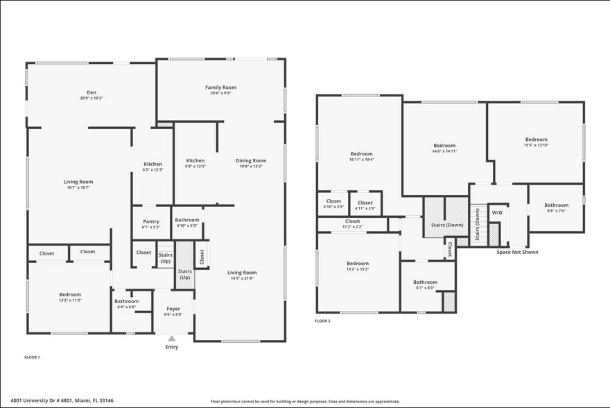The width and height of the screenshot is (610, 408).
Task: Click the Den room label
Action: click(x=91, y=92)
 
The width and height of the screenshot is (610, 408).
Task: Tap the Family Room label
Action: click(x=220, y=87)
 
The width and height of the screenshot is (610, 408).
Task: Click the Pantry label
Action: click(x=150, y=221)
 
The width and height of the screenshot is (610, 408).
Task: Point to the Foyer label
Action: click(x=172, y=309)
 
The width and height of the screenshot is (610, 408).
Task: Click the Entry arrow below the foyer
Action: click(x=172, y=338)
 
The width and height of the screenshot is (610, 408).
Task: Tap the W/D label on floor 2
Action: click(x=497, y=212)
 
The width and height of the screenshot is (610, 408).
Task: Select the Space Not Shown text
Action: click(x=517, y=252)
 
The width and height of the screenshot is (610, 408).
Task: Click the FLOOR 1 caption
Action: click(x=32, y=357)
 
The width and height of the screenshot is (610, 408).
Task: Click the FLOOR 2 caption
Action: click(x=322, y=321)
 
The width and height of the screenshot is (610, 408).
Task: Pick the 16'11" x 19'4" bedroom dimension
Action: click(x=361, y=160)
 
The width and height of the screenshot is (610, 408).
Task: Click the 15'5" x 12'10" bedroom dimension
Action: click(x=536, y=145)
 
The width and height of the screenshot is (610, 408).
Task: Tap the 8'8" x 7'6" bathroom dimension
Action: click(x=556, y=211)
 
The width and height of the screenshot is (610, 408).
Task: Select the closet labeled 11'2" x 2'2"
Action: click(x=352, y=227)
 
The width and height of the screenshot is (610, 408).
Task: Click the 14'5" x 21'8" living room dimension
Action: click(x=242, y=278)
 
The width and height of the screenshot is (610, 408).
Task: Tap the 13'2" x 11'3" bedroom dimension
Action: click(x=70, y=300)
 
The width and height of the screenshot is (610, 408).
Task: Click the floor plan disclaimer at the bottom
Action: click(x=305, y=401)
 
